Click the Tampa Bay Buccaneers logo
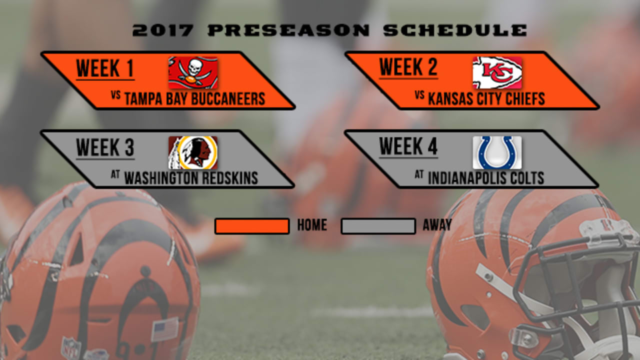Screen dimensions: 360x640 [x=192, y=72]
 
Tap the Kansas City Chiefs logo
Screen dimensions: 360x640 [x=497, y=72]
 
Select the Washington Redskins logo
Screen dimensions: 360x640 [x=192, y=152]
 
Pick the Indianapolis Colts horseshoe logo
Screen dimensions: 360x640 [x=497, y=152]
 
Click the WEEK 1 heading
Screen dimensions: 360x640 [x=105, y=68]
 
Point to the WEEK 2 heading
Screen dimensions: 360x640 [x=408, y=67]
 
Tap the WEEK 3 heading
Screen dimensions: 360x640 [x=105, y=148]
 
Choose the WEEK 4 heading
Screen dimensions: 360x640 [x=408, y=147]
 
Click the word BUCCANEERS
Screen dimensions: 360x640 [x=229, y=98]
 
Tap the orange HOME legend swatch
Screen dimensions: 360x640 [x=252, y=226]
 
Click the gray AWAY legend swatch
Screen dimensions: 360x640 [x=378, y=226]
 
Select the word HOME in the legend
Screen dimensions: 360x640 [x=312, y=225]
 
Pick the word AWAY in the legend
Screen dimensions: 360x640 [x=437, y=225]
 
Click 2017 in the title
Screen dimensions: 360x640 [x=162, y=30]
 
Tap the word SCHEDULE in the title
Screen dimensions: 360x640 [x=455, y=30]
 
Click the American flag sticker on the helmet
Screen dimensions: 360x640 [x=164, y=329]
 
